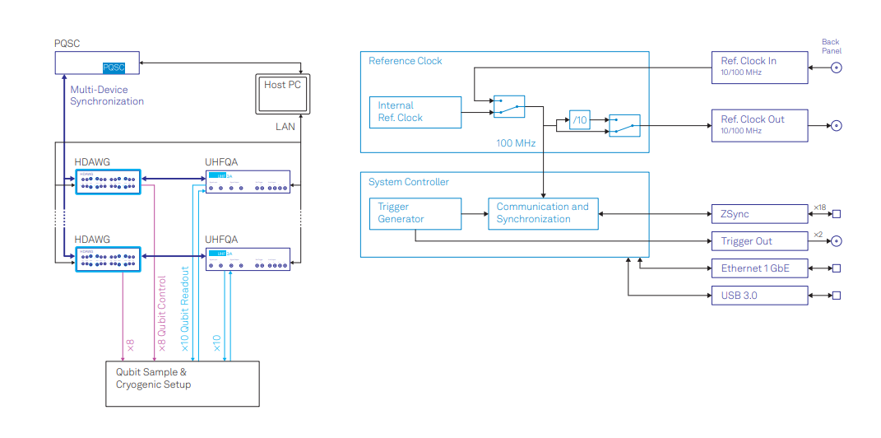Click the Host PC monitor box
tap(281, 93)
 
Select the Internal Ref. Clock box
tap(415, 112)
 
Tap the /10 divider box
tap(581, 121)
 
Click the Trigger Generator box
tap(415, 213)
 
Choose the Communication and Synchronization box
tap(543, 213)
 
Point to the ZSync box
tap(759, 214)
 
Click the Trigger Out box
tap(759, 241)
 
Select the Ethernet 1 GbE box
tap(759, 268)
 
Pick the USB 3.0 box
tap(759, 295)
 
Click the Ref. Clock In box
tap(759, 67)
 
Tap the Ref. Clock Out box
tap(759, 125)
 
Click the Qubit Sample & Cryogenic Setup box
tap(182, 384)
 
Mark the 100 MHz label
tap(516, 143)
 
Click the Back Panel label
tap(831, 46)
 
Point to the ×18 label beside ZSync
tap(819, 207)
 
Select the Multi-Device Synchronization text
tap(107, 96)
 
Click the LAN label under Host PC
tap(285, 127)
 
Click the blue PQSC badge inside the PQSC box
tap(114, 68)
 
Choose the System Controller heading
tap(409, 182)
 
